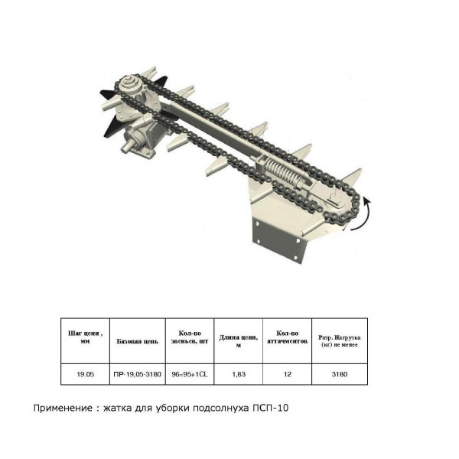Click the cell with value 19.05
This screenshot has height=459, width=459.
pos(86,374)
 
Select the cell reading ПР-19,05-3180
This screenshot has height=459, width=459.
pos(138,374)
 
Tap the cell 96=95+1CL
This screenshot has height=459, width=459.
pos(189,374)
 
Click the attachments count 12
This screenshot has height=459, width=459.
pos(288,374)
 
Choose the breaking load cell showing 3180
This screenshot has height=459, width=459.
pos(340,374)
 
